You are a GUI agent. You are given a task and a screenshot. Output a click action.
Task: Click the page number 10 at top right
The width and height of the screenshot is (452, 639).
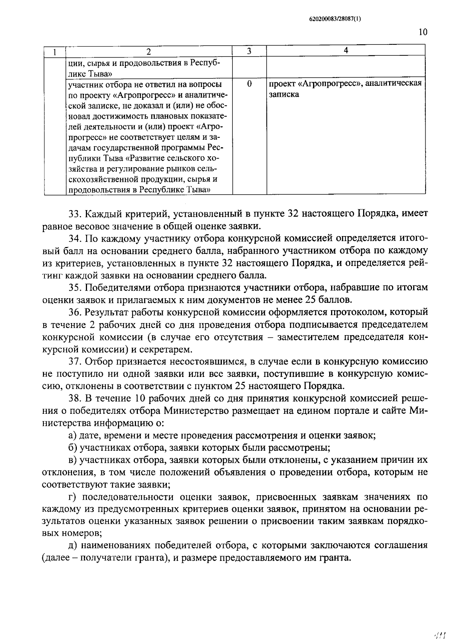click(x=423, y=32)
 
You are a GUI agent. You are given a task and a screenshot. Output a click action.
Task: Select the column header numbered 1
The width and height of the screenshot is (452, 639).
click(x=55, y=52)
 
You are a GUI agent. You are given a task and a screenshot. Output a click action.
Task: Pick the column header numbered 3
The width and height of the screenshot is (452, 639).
click(x=249, y=51)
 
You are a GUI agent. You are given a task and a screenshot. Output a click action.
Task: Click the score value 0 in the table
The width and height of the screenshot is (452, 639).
click(x=249, y=84)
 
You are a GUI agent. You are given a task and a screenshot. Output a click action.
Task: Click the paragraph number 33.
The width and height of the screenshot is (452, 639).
click(x=75, y=214)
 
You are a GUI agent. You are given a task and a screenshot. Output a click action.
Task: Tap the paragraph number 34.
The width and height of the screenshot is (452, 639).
click(x=75, y=238)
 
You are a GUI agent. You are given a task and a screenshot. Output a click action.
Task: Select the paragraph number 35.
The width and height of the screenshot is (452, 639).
click(x=75, y=288)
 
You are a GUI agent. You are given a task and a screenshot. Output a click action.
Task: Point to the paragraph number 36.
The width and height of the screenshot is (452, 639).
click(x=75, y=312)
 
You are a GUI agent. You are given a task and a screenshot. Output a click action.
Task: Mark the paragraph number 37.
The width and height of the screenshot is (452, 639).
click(x=75, y=361)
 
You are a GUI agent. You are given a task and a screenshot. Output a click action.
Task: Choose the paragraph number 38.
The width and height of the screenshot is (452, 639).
click(x=75, y=398)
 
